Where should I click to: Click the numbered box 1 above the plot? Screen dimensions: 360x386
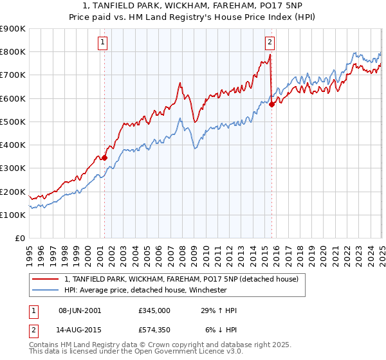coord(103,43)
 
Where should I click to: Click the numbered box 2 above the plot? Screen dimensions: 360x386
coord(270,43)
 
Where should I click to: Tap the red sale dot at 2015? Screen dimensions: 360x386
coord(271,104)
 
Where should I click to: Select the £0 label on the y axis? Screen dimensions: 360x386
coord(19,239)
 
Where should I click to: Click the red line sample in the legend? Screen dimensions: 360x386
coord(45,280)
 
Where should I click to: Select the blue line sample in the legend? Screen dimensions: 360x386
coord(45,290)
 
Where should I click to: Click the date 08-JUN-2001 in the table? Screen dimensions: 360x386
coord(80,310)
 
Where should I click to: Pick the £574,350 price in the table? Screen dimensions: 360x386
coord(154,330)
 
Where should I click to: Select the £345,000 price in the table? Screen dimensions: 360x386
coord(154,310)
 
